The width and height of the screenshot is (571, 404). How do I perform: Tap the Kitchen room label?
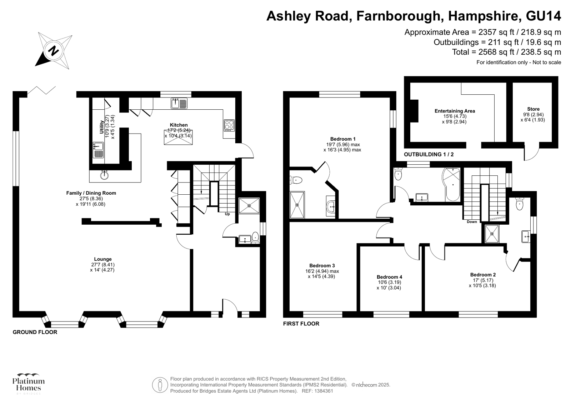click(x=179, y=125)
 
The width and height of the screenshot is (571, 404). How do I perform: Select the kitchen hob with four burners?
click(x=229, y=125)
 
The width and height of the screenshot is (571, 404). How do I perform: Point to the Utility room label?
click(x=102, y=127)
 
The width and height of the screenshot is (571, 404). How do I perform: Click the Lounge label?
click(x=103, y=259)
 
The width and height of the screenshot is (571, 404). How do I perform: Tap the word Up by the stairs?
click(x=227, y=214)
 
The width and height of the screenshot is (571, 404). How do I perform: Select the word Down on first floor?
click(x=472, y=222)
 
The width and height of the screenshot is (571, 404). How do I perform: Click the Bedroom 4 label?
click(x=389, y=277)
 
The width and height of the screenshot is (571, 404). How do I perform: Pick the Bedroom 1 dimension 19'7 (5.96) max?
click(x=343, y=144)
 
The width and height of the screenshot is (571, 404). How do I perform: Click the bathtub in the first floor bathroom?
click(x=452, y=184)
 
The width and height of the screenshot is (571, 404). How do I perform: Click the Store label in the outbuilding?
click(x=533, y=109)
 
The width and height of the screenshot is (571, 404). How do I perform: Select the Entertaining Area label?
click(x=455, y=111)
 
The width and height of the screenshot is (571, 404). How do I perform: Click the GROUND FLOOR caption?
click(x=35, y=332)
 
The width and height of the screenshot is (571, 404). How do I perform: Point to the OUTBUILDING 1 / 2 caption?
click(x=429, y=155)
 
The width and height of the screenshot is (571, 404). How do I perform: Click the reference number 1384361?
click(x=323, y=391)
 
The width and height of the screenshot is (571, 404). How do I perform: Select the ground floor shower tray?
click(x=249, y=206)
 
